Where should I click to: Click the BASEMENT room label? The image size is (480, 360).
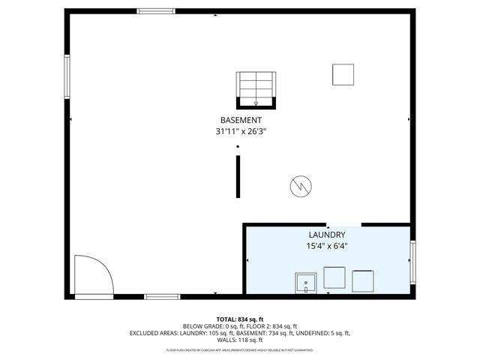pos(241,121)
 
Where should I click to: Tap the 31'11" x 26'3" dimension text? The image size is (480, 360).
pos(241,131)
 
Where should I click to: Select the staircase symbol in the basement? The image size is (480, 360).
pos(256,89)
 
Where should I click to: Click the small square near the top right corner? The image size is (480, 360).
pos(343,75)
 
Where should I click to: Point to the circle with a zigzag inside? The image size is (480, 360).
pos(300,185)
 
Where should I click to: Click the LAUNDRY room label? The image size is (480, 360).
pos(327,235)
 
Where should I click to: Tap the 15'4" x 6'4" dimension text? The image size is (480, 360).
pos(327,246)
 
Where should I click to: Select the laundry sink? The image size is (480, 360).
pos(307,283)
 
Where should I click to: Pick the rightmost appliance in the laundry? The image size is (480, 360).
pos(363,280)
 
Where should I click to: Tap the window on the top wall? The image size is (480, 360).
pos(156,11)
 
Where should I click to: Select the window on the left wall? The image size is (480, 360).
pos(67,78)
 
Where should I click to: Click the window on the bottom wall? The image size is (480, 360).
pos(162,297)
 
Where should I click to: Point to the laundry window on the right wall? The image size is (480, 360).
pos(412,262)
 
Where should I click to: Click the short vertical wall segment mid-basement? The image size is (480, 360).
pos(238,177)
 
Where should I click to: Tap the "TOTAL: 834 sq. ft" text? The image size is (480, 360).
pos(240,319)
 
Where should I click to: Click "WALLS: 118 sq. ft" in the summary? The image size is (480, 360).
pos(240,340)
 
